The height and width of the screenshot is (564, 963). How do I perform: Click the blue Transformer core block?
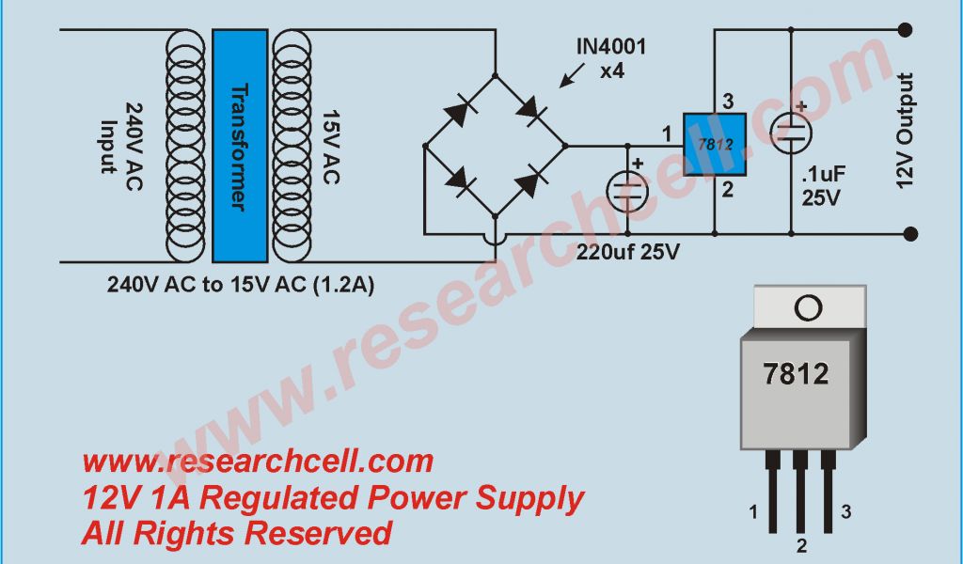(x=240, y=146)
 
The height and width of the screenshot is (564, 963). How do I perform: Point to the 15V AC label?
(x=330, y=141)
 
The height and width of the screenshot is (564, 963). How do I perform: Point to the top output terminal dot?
(x=905, y=30)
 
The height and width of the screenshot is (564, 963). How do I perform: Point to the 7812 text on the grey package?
(x=795, y=374)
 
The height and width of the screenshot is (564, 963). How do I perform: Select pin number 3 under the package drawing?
(x=846, y=512)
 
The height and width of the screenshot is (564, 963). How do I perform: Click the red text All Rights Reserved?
(x=236, y=533)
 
